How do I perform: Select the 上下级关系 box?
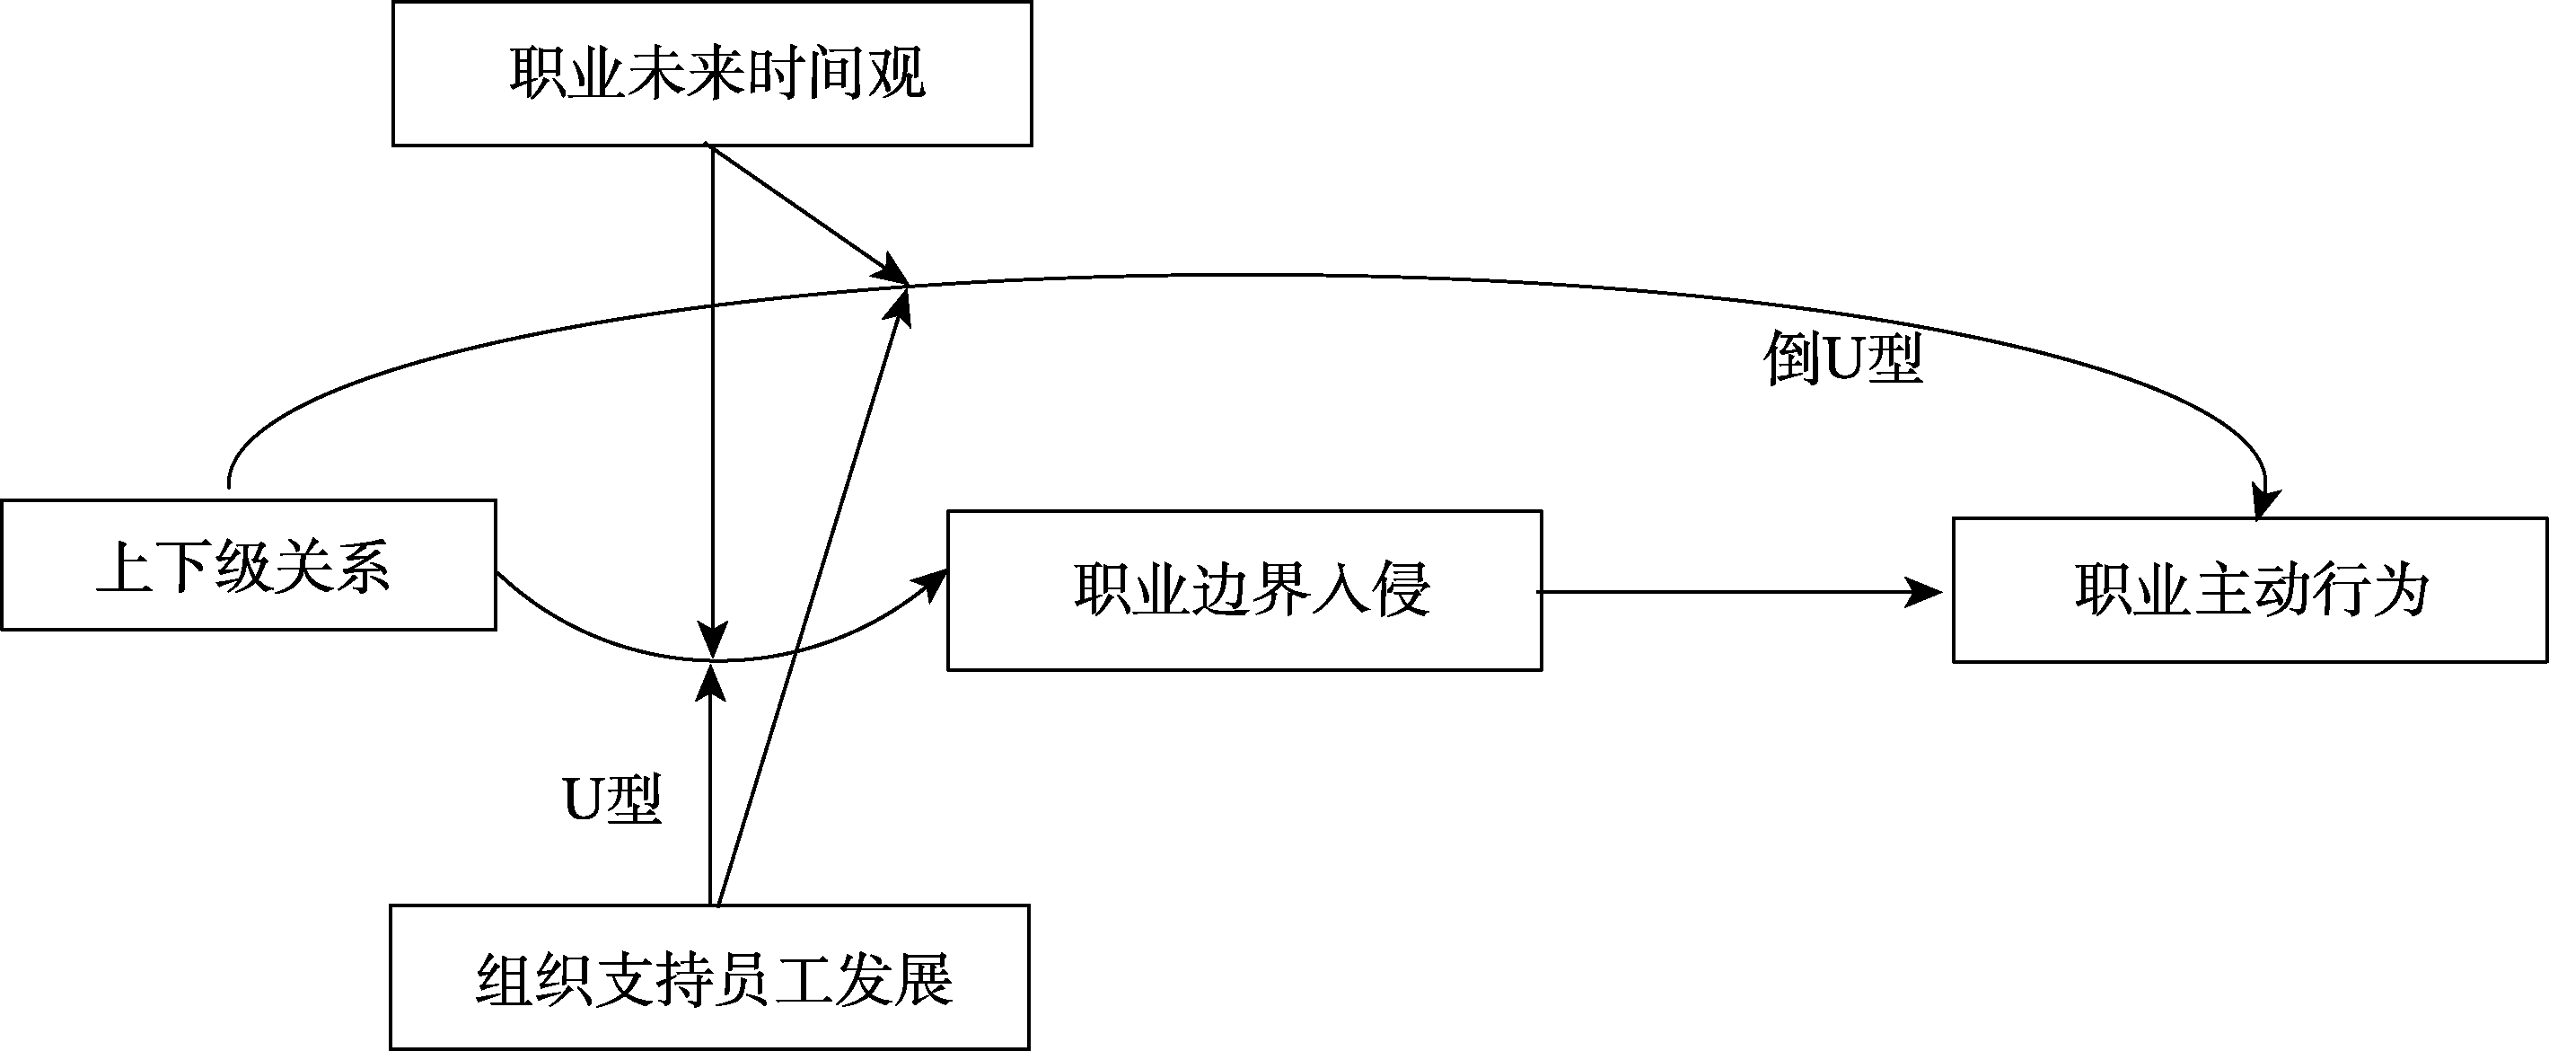click(249, 565)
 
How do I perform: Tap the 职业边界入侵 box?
click(1244, 590)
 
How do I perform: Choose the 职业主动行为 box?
click(2249, 590)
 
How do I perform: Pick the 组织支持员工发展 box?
click(709, 976)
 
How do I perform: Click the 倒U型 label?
click(1842, 359)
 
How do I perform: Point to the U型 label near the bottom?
click(612, 799)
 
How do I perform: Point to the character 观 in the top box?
click(895, 74)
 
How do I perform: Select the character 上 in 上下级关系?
click(124, 567)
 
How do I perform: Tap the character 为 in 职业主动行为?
click(2400, 591)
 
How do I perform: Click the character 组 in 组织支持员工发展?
click(505, 979)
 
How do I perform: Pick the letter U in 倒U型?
click(1842, 359)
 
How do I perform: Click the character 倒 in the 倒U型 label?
click(1791, 359)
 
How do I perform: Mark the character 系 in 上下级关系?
click(363, 567)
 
